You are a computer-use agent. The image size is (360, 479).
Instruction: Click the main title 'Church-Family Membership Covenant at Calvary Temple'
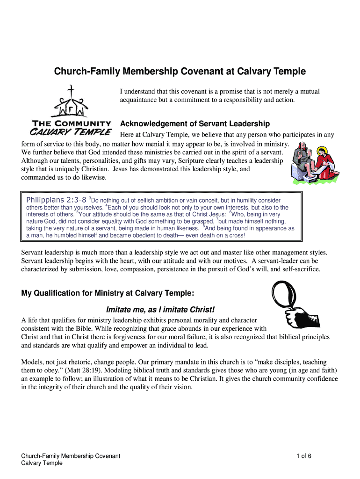pyautogui.click(x=180, y=72)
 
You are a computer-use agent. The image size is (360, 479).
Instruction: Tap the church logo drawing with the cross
pyautogui.click(x=71, y=102)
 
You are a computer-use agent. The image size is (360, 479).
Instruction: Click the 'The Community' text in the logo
pyautogui.click(x=71, y=123)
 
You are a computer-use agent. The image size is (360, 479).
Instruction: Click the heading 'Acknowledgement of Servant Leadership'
pyautogui.click(x=195, y=124)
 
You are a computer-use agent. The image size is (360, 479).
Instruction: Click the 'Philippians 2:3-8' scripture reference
pyautogui.click(x=56, y=200)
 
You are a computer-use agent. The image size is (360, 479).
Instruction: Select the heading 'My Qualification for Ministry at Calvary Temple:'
pyautogui.click(x=108, y=293)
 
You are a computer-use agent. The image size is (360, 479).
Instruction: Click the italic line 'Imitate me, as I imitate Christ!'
pyautogui.click(x=161, y=310)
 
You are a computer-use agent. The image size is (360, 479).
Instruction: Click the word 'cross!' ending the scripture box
pyautogui.click(x=235, y=235)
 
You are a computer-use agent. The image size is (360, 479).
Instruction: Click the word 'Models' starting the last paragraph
pyautogui.click(x=32, y=362)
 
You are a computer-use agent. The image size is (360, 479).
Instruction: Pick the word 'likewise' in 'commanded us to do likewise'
pyautogui.click(x=94, y=177)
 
